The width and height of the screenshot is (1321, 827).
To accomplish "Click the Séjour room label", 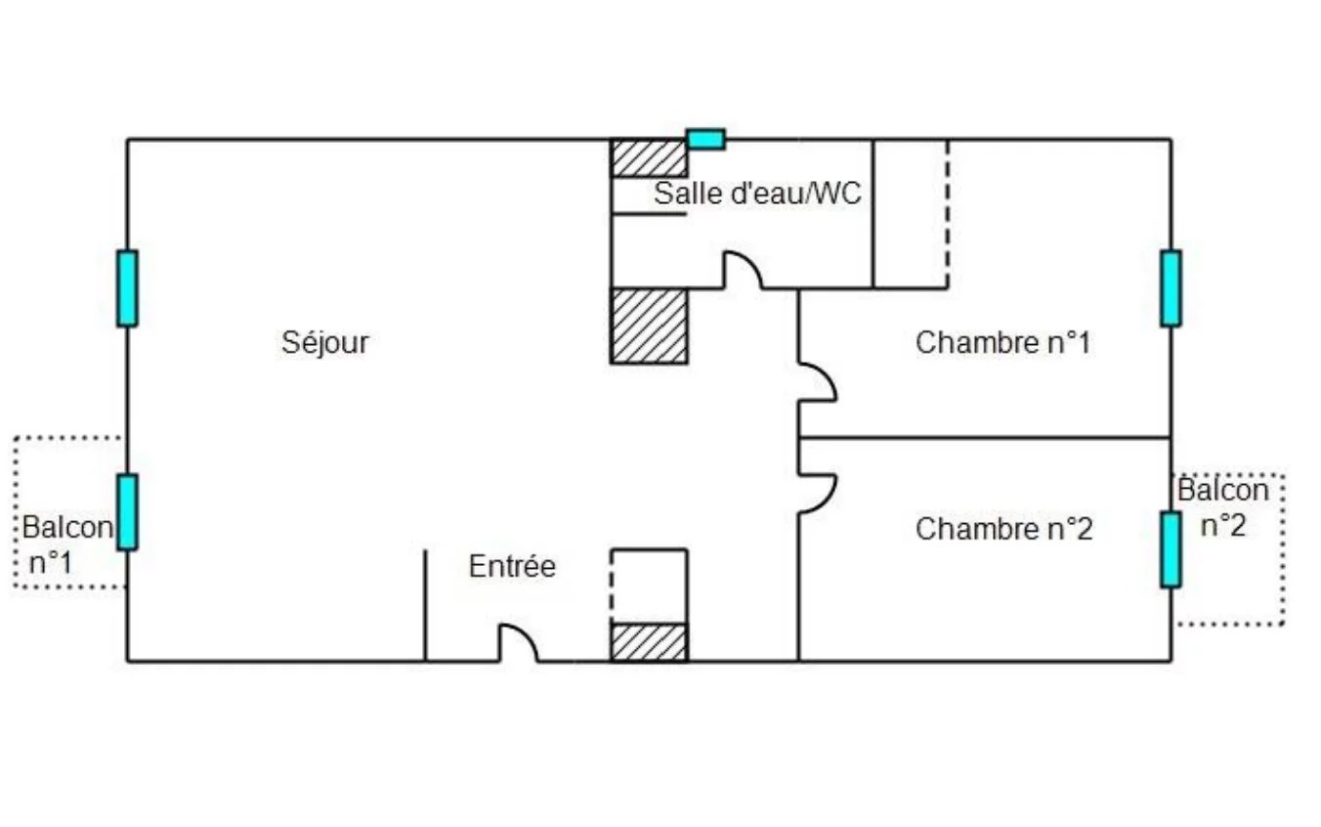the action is click(325, 343).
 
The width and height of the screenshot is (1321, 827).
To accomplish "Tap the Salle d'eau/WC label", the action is click(758, 194).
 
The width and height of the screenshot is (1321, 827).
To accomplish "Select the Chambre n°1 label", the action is click(1003, 343).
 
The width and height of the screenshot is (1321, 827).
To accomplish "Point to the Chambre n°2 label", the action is click(1004, 529).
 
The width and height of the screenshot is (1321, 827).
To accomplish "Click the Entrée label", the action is click(512, 566).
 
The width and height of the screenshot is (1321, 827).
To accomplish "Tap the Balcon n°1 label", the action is click(67, 544).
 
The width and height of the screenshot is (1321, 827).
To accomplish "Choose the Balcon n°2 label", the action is click(1223, 507).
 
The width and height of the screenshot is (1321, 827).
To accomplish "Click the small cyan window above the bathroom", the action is click(705, 139).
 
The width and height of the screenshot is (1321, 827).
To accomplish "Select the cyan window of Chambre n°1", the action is click(1171, 288).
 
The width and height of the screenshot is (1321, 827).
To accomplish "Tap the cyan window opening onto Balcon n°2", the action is click(1171, 549).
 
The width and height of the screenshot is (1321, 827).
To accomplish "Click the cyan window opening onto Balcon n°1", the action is click(127, 512).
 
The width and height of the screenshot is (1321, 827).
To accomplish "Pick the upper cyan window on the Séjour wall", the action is click(127, 288).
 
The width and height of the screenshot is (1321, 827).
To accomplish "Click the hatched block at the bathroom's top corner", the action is click(650, 158).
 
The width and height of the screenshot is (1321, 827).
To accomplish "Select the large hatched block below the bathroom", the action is click(650, 326).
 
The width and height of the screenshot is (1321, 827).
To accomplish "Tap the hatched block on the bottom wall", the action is click(650, 643).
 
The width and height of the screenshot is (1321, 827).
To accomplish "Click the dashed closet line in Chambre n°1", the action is click(948, 214).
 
